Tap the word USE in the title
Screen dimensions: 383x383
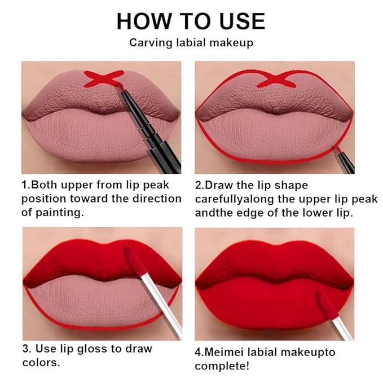[x=240, y=21]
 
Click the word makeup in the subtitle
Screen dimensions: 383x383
[x=232, y=42]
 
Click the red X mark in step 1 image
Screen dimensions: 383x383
[x=104, y=78]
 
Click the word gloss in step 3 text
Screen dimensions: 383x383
[x=106, y=349]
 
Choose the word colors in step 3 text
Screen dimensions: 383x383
[x=39, y=362]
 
